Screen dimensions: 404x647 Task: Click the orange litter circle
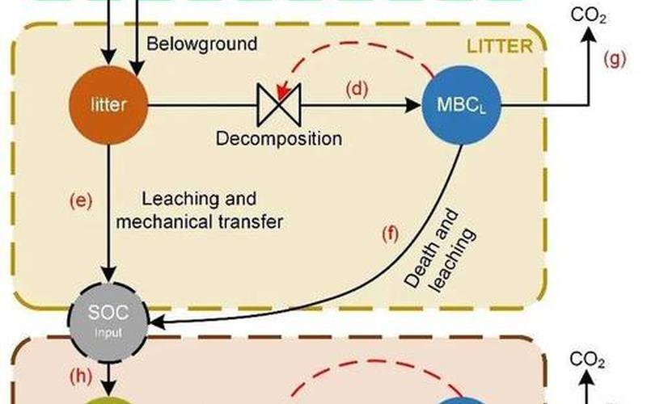(x=108, y=104)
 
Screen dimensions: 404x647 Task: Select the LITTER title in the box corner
(x=500, y=46)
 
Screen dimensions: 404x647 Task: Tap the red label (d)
(x=357, y=89)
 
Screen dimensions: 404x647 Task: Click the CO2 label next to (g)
(x=588, y=15)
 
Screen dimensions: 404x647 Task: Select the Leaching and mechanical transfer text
(x=200, y=210)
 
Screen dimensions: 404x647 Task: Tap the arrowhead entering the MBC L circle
(x=414, y=104)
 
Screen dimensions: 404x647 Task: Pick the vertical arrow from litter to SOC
(x=108, y=210)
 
